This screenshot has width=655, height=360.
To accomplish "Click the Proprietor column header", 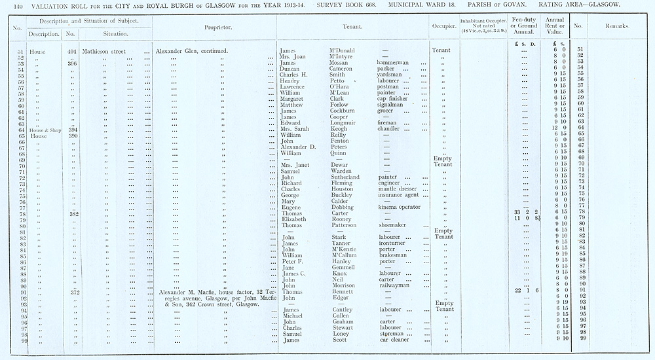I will click(x=215, y=27).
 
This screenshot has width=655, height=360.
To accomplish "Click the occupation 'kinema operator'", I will click(x=400, y=207).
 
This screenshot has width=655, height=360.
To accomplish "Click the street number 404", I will click(x=73, y=50).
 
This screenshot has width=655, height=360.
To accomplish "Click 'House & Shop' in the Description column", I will click(x=44, y=129).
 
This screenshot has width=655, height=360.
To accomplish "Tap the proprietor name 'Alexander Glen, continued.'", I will click(x=187, y=50).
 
